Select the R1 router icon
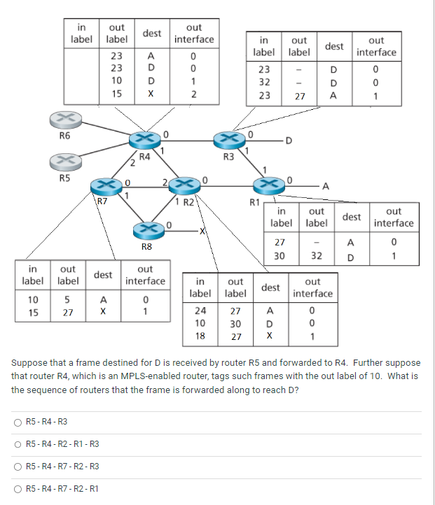click(268, 185)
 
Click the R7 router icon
click(106, 186)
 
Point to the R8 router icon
click(147, 231)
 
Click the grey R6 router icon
click(64, 119)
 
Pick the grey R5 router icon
click(64, 162)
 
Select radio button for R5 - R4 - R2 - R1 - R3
click(17, 444)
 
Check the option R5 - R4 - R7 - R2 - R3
click(17, 467)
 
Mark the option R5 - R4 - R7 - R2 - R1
click(17, 489)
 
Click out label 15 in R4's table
click(117, 92)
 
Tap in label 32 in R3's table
click(264, 83)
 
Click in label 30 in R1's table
click(279, 256)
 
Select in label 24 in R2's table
click(200, 311)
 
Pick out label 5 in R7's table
click(67, 299)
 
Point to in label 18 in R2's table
click(200, 336)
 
